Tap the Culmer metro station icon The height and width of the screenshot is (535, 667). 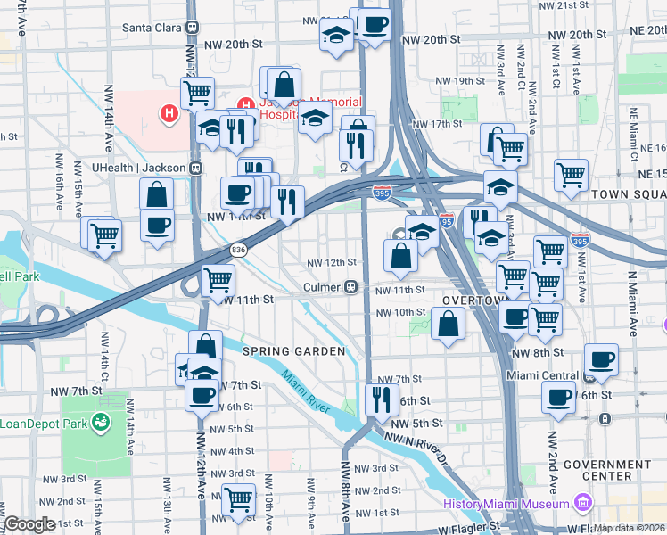(352, 288)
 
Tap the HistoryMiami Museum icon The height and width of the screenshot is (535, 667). (583, 504)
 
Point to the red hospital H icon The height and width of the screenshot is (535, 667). (166, 113)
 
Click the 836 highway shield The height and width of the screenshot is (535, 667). (238, 251)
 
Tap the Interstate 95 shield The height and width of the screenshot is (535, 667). (447, 218)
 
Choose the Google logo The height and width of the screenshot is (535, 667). (29, 524)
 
